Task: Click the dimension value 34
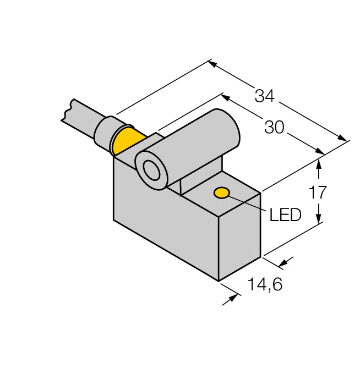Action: pos(264,96)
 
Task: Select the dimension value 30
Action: pos(274,128)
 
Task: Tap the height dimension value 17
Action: pos(318,192)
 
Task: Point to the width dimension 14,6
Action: pos(266,285)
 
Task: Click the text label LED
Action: pos(285,215)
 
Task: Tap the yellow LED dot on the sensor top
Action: pos(222,193)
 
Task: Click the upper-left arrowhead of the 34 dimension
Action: pos(213,63)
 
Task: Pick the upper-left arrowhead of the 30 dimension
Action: pos(226,97)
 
